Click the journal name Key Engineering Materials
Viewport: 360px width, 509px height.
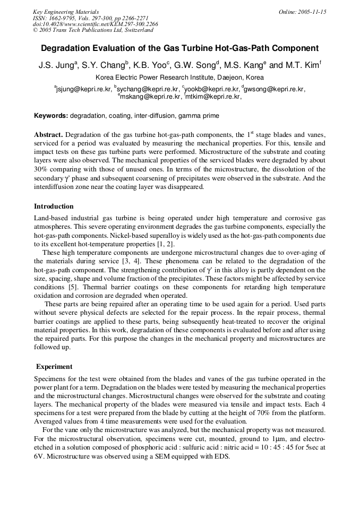(x=65, y=12)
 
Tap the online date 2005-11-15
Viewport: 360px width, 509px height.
(x=302, y=12)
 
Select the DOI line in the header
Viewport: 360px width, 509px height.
(x=96, y=24)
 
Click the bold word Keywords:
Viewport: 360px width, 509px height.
(x=51, y=115)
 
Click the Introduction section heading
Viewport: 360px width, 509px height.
(x=54, y=206)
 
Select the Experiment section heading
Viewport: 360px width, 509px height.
(x=54, y=367)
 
